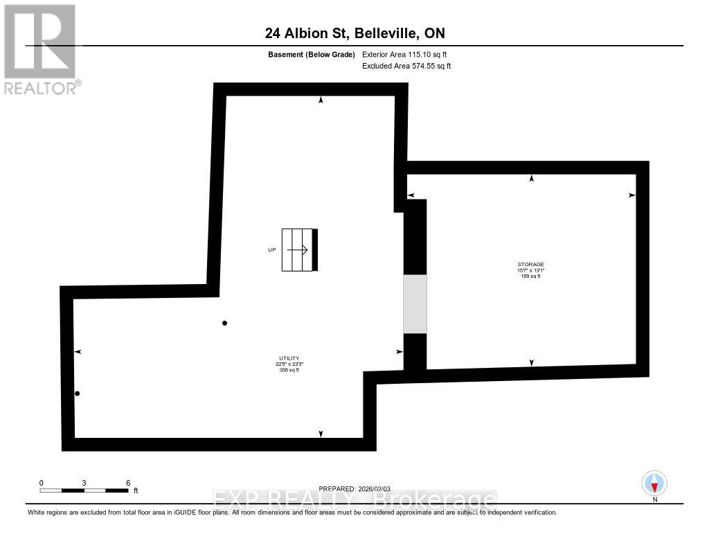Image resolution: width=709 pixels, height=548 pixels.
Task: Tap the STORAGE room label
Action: point(531,264)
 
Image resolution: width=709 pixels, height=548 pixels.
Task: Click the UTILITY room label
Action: point(289,358)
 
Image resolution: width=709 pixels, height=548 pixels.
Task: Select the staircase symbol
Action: point(299,250)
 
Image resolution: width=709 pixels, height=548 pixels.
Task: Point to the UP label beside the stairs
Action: point(271,250)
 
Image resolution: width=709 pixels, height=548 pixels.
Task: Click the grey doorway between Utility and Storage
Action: point(415,304)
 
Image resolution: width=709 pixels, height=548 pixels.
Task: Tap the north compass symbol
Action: point(654,483)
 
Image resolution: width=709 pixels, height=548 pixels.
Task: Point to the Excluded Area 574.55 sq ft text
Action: point(406,66)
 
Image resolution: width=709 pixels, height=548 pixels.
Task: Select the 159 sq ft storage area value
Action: point(531,276)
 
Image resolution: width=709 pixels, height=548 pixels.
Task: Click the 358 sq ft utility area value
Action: point(289,371)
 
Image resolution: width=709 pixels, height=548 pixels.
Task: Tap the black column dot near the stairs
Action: point(224,323)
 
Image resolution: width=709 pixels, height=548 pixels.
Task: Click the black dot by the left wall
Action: point(78,394)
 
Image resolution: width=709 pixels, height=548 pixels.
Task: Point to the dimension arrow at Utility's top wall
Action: point(321,100)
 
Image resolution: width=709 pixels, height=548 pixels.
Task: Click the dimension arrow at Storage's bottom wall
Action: point(531,362)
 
